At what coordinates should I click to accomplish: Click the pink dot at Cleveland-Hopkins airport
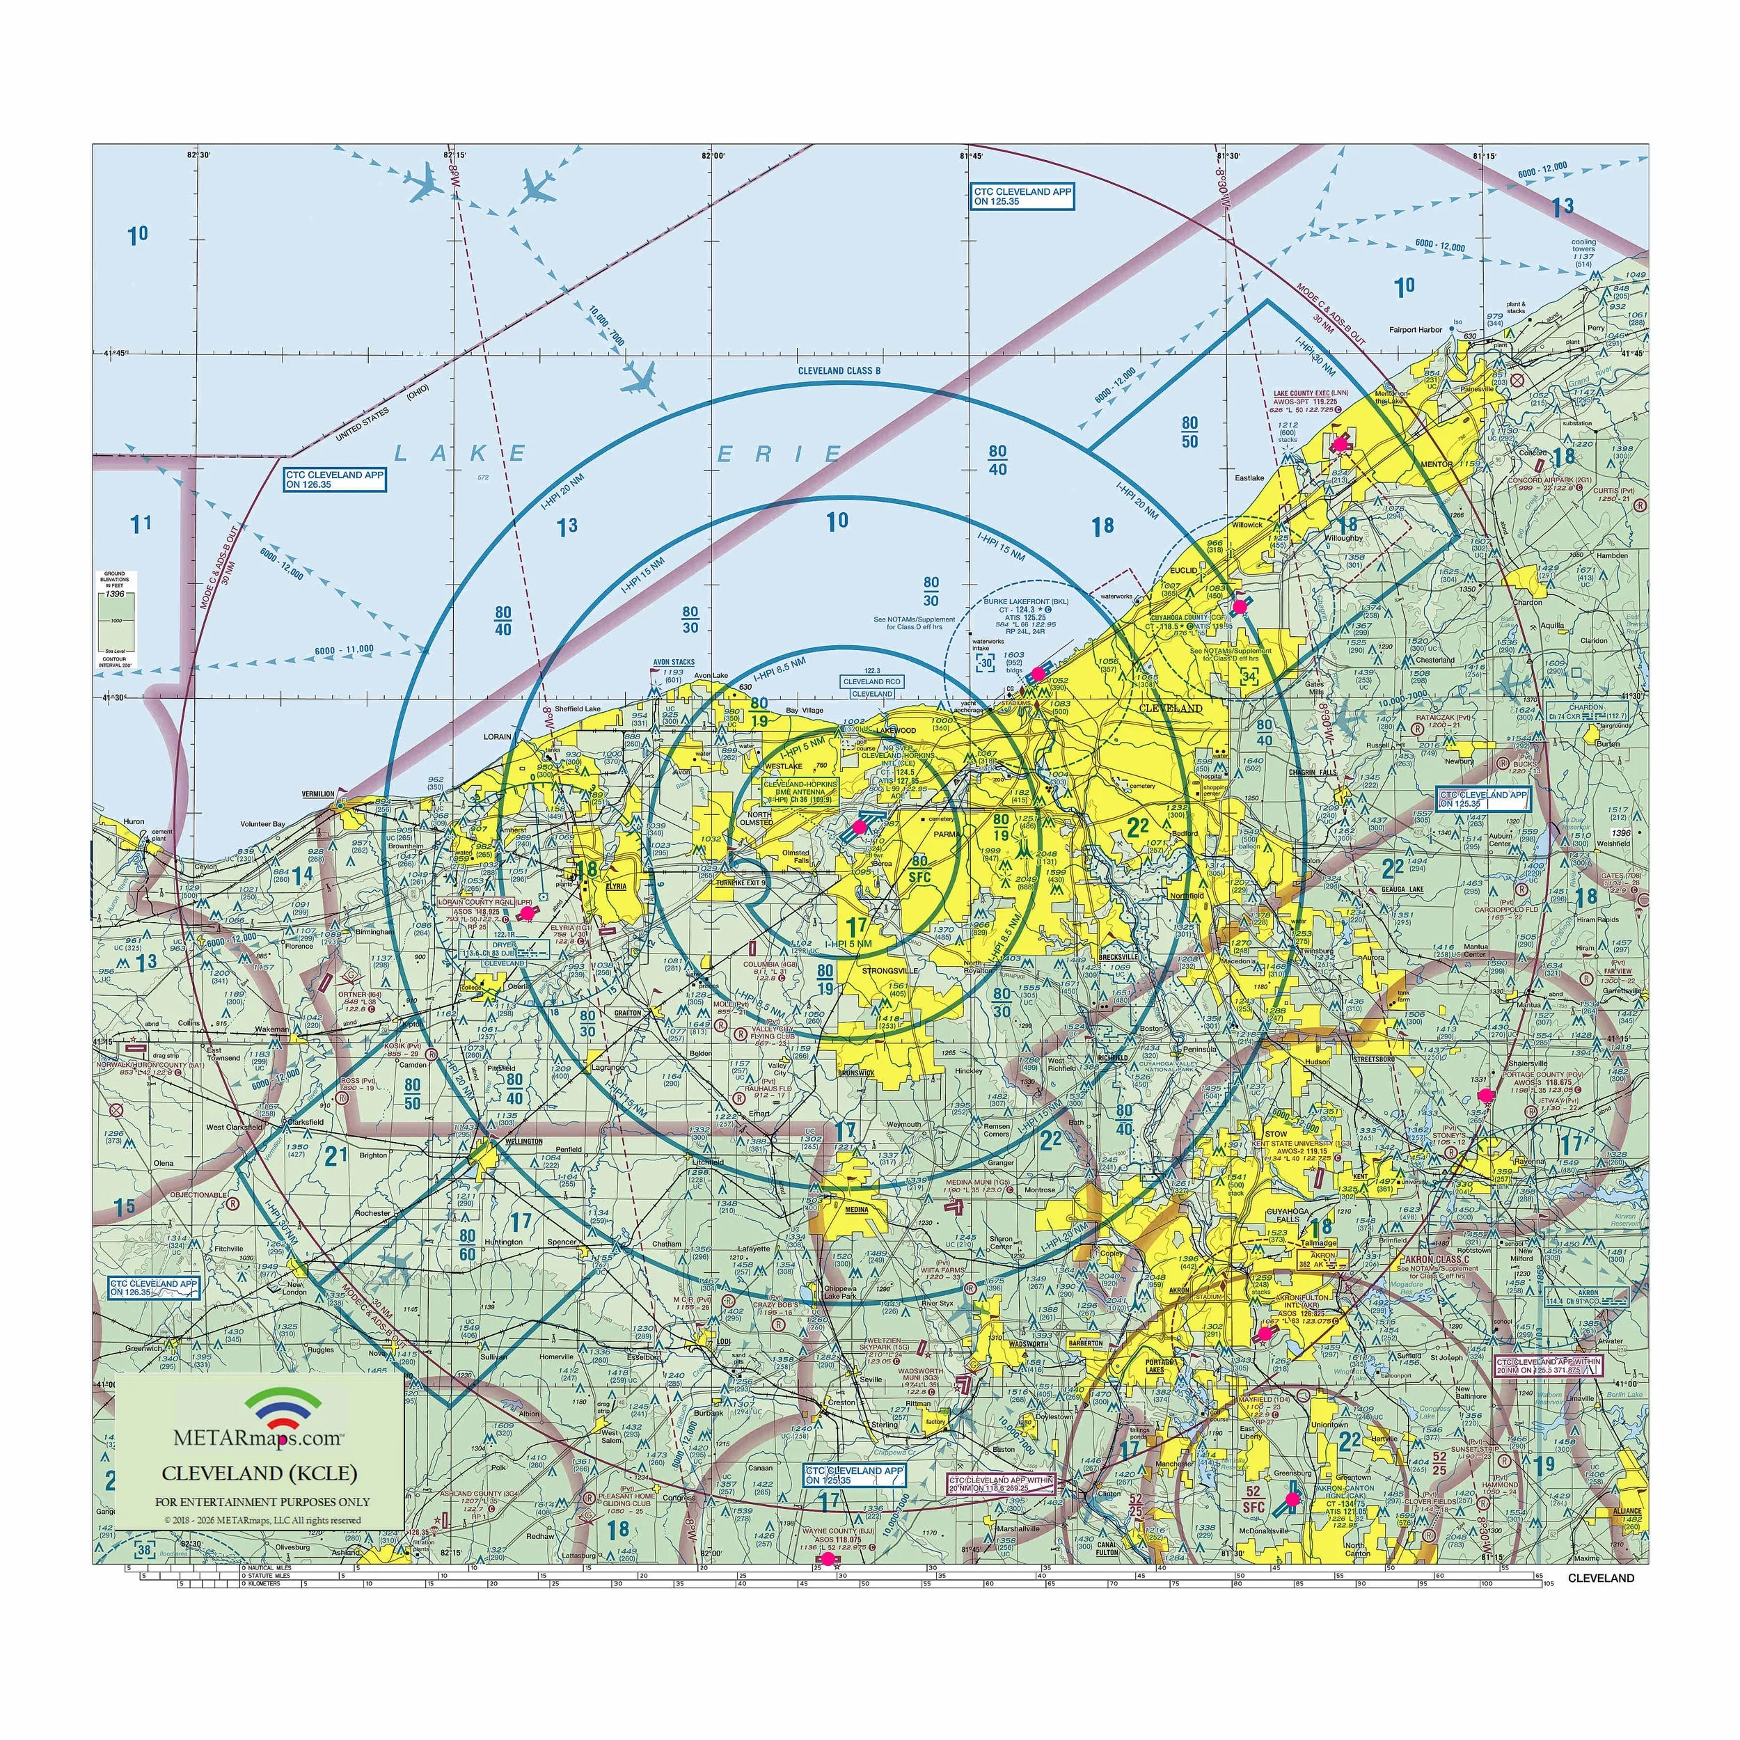pyautogui.click(x=858, y=827)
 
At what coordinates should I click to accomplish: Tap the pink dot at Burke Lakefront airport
pyautogui.click(x=1038, y=673)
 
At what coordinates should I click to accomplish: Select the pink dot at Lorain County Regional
pyautogui.click(x=527, y=913)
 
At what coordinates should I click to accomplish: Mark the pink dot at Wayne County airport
pyautogui.click(x=828, y=1557)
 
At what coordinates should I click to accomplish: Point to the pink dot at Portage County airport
pyautogui.click(x=1486, y=1094)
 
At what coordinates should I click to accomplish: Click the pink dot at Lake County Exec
pyautogui.click(x=1341, y=443)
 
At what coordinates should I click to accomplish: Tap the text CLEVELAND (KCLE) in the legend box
pyautogui.click(x=260, y=1473)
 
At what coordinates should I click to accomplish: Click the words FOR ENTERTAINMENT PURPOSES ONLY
pyautogui.click(x=262, y=1501)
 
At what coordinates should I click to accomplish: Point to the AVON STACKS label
pyautogui.click(x=674, y=662)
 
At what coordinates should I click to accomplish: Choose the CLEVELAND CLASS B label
pyautogui.click(x=839, y=370)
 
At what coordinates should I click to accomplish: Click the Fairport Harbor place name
pyautogui.click(x=1415, y=330)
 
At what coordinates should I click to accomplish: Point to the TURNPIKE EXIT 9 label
pyautogui.click(x=741, y=883)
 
